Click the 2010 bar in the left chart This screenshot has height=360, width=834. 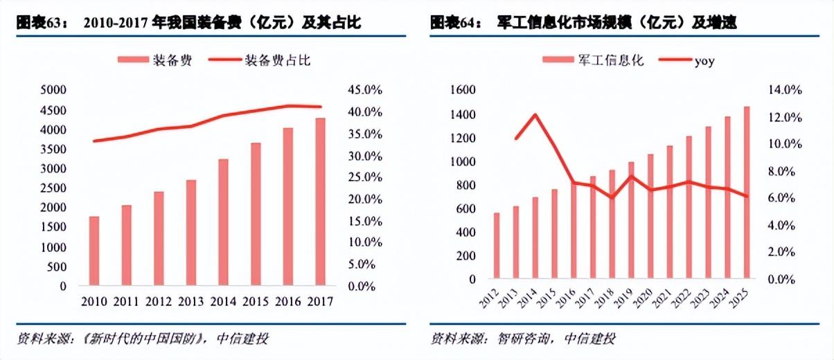pos(94,251)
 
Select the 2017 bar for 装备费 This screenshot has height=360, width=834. pos(319,201)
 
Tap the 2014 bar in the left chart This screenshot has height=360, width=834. pos(223,222)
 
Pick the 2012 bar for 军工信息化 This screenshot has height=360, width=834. pos(497,246)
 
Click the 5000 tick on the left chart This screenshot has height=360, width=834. pos(53,90)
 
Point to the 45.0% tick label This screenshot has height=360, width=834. pos(365,90)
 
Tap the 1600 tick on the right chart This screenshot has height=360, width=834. pos(462,90)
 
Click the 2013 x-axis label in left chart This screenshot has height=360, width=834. pos(190,302)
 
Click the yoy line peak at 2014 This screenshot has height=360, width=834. pos(535,115)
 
